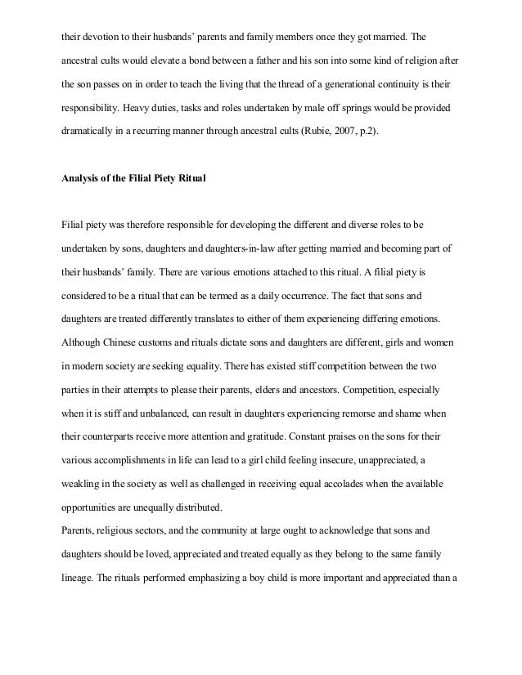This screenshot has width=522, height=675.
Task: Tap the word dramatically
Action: (x=90, y=130)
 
